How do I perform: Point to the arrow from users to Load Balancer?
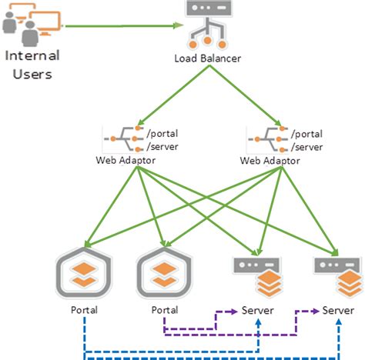click(x=123, y=25)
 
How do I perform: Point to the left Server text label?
click(x=256, y=310)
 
